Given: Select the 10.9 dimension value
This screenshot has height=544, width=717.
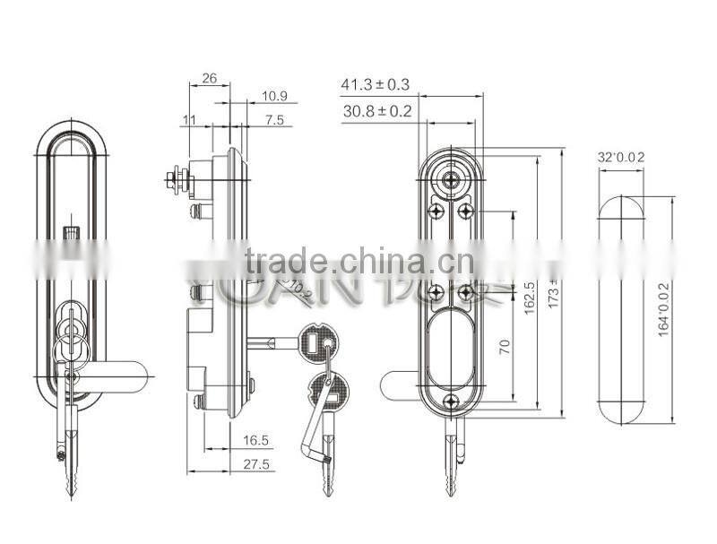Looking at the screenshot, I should point(274,96).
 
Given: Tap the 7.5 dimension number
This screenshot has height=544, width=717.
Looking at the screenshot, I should point(274,119).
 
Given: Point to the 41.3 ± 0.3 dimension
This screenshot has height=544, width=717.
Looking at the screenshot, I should point(375,85).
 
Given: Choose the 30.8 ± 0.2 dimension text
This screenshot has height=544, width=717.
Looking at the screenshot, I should point(376,111).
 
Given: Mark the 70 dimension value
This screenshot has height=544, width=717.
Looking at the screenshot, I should point(505,346).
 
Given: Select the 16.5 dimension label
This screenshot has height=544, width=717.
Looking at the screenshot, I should point(255,440).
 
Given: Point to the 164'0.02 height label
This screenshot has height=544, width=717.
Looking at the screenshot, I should point(664,309).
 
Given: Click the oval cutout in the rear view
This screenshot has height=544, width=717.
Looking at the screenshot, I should point(451,345).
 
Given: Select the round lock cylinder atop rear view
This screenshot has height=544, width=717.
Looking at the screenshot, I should point(451,178).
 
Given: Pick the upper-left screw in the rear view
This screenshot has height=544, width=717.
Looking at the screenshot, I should point(435,212).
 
